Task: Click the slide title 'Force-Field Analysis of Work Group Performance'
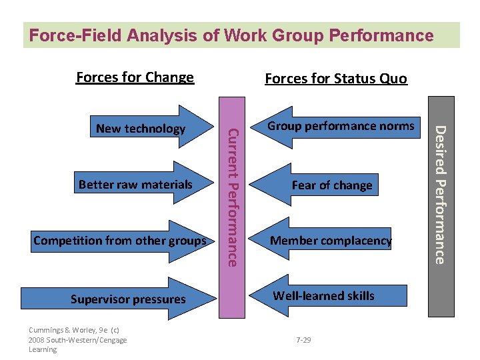coord(231,35)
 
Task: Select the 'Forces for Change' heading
coord(135,77)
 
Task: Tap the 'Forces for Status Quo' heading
coord(335,79)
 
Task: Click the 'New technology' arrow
coord(141,129)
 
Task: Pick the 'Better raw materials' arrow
coord(135,184)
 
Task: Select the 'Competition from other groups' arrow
coord(120,240)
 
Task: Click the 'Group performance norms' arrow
coord(341,126)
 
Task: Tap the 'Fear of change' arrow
coord(332,185)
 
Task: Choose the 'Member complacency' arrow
coord(330,241)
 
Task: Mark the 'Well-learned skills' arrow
coord(324,295)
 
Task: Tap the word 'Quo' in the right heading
coord(393,79)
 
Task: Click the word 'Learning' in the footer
coord(43,349)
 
